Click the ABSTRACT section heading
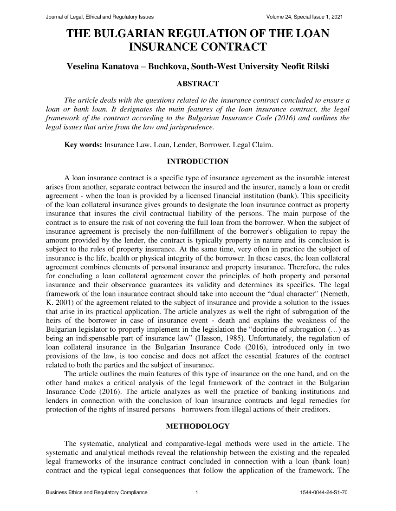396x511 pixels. coord(197,84)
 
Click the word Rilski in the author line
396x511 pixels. coord(313,67)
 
